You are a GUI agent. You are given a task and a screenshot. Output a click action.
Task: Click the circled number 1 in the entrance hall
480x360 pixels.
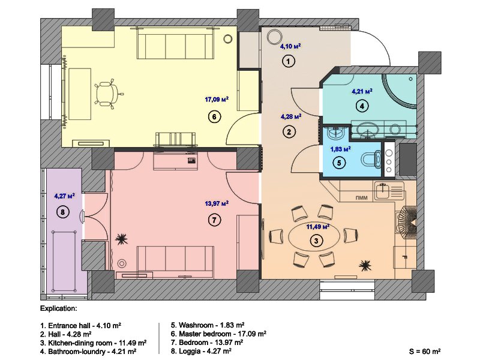(x=288, y=61)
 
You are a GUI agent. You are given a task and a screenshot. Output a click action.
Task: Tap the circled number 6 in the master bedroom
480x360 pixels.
(x=214, y=116)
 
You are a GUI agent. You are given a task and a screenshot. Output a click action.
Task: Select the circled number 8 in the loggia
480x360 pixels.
(x=63, y=212)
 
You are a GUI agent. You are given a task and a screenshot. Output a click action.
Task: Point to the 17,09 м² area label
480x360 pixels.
(x=217, y=100)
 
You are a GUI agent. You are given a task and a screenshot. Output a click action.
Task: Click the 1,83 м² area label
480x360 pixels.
(x=340, y=149)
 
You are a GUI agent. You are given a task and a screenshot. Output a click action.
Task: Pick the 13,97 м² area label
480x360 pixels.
(x=217, y=203)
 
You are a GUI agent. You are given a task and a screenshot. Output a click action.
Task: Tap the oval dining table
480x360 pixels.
(x=314, y=237)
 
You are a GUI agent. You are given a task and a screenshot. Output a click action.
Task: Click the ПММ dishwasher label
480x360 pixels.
(x=362, y=198)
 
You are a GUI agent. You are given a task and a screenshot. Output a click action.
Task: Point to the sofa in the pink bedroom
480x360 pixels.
(x=175, y=262)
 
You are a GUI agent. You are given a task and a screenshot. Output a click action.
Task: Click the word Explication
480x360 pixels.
(x=58, y=308)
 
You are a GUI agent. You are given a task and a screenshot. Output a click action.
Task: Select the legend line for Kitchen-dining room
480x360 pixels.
(x=93, y=343)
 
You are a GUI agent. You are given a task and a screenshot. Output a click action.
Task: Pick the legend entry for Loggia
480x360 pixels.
(x=201, y=351)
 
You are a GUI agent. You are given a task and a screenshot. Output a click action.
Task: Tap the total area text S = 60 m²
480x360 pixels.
(x=425, y=351)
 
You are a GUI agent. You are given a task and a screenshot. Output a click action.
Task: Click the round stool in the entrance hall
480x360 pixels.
(x=274, y=37)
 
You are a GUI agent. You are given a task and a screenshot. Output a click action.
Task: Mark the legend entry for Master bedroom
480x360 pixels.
(x=218, y=334)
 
